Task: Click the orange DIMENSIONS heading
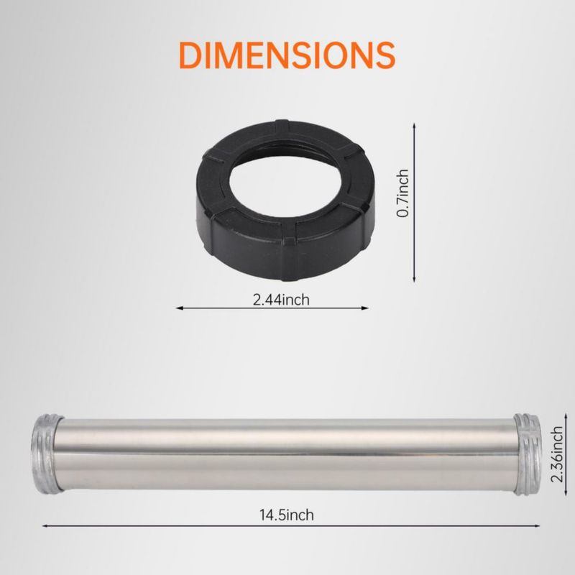[x=287, y=55]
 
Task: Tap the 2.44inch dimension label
[x=281, y=300]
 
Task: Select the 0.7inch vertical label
[x=403, y=193]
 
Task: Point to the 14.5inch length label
[x=287, y=515]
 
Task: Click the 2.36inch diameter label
[x=557, y=454]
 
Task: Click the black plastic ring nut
[x=285, y=201]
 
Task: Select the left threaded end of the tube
[x=47, y=454]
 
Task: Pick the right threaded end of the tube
[x=528, y=454]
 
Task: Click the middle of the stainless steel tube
[x=287, y=454]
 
